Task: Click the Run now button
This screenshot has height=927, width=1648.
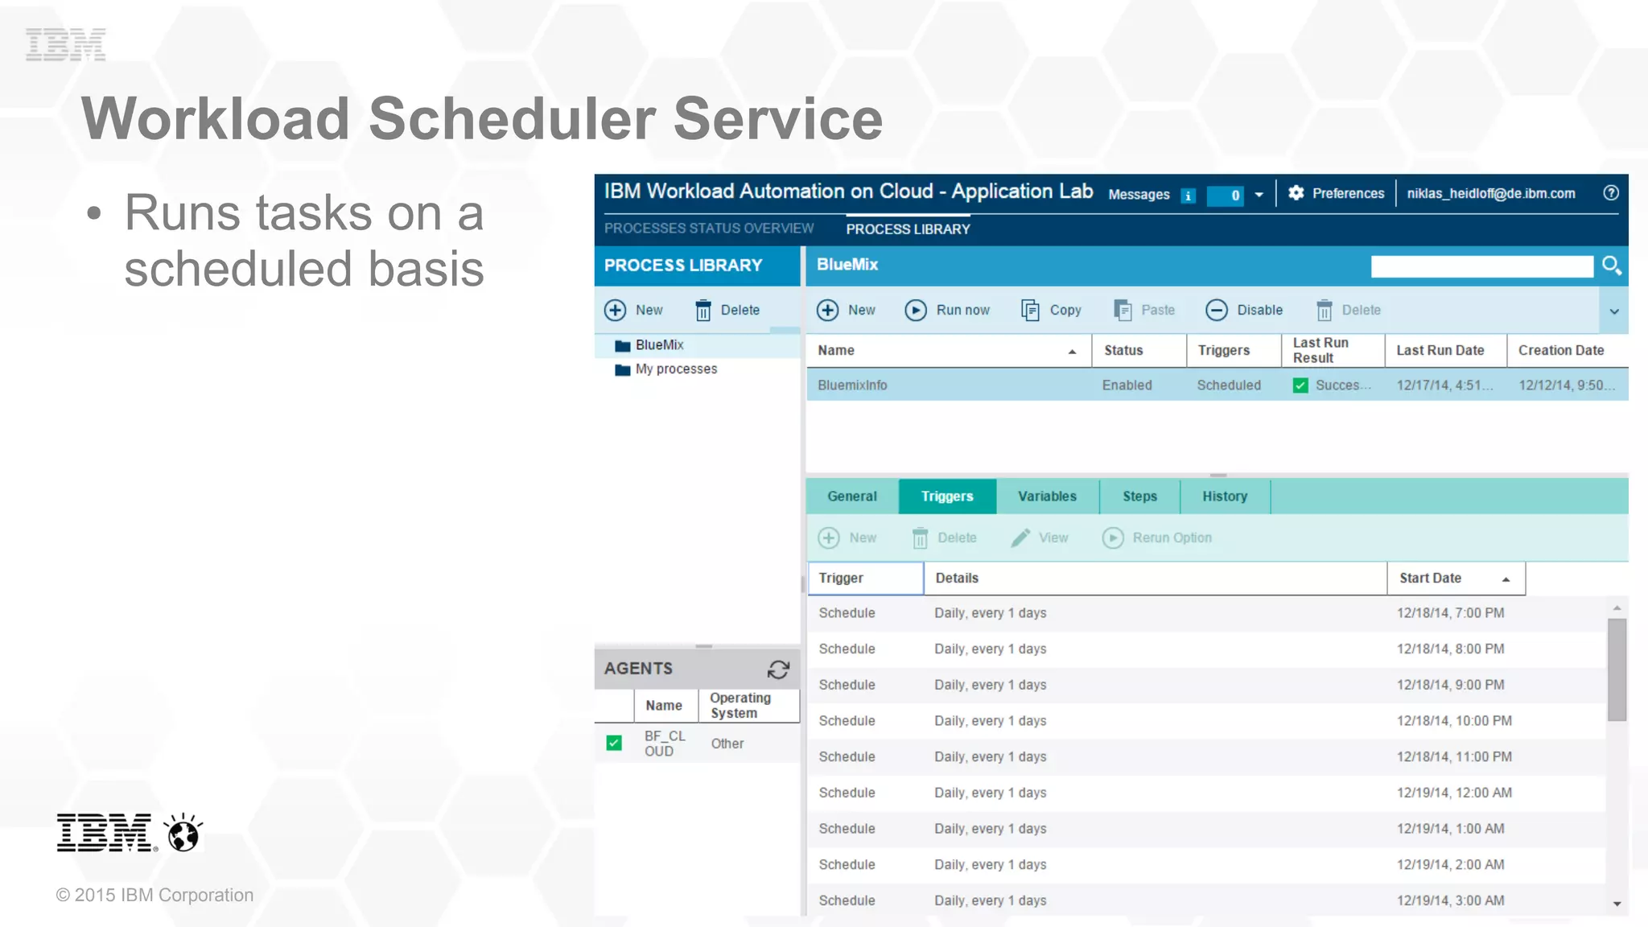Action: pyautogui.click(x=948, y=311)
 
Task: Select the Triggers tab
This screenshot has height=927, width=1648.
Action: pyautogui.click(x=947, y=496)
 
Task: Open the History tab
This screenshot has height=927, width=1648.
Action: pyautogui.click(x=1224, y=496)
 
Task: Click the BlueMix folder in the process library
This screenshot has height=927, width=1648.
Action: pyautogui.click(x=658, y=345)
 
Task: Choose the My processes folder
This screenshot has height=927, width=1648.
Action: pyautogui.click(x=675, y=369)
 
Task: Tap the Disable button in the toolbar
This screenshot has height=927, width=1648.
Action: pyautogui.click(x=1244, y=311)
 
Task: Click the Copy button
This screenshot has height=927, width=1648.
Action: pyautogui.click(x=1051, y=311)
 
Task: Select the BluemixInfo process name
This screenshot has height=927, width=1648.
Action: pyautogui.click(x=852, y=385)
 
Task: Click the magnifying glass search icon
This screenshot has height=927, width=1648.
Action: pyautogui.click(x=1611, y=266)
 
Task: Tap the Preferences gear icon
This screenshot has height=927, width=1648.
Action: pyautogui.click(x=1296, y=193)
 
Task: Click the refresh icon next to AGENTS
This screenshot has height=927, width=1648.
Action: pyautogui.click(x=778, y=669)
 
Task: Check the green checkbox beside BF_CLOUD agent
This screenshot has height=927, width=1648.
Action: pyautogui.click(x=614, y=743)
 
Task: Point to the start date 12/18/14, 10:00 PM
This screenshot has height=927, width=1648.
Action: pyautogui.click(x=1453, y=721)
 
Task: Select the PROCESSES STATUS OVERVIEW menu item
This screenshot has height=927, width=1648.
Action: pyautogui.click(x=709, y=229)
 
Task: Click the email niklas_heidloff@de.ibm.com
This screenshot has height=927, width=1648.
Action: pyautogui.click(x=1490, y=194)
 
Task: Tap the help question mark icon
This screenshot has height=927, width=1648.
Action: pyautogui.click(x=1610, y=193)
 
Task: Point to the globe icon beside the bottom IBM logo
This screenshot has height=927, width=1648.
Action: pyautogui.click(x=183, y=833)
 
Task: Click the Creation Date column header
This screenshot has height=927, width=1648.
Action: pyautogui.click(x=1560, y=351)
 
